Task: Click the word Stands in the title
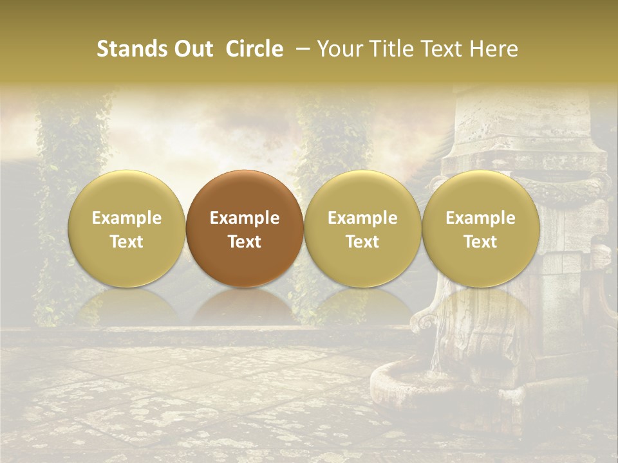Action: [129, 49]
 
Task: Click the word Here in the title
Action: [494, 49]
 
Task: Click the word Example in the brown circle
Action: [245, 218]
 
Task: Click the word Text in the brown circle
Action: [245, 242]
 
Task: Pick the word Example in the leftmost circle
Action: [127, 218]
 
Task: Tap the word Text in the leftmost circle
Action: [127, 242]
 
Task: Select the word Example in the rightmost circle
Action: [481, 218]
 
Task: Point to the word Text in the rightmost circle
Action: [481, 242]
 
